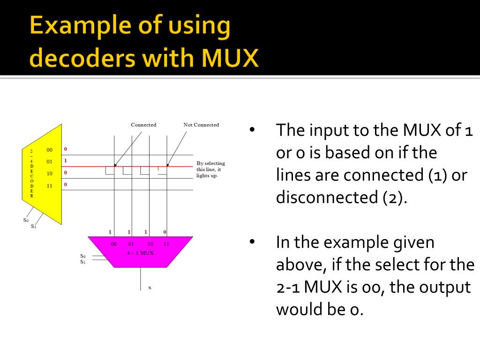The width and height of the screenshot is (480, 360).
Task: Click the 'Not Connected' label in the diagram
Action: tap(201, 125)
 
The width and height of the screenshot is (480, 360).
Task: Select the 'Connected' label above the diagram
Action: tap(143, 125)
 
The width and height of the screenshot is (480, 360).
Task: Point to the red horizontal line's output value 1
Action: tap(66, 160)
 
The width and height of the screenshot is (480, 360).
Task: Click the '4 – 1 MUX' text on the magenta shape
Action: tap(141, 253)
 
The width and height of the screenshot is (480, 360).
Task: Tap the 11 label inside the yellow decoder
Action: tap(50, 185)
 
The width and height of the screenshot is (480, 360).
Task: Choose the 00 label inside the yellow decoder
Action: tap(50, 150)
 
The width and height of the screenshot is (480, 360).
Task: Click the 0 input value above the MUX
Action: tap(165, 232)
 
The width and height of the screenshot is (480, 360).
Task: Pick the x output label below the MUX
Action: tap(150, 287)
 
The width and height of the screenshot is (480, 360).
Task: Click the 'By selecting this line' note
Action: tap(210, 169)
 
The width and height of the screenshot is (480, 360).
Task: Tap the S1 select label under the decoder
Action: tap(33, 226)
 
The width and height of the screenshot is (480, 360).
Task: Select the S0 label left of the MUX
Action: tap(83, 256)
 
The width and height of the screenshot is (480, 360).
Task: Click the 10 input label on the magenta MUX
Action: tap(150, 244)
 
